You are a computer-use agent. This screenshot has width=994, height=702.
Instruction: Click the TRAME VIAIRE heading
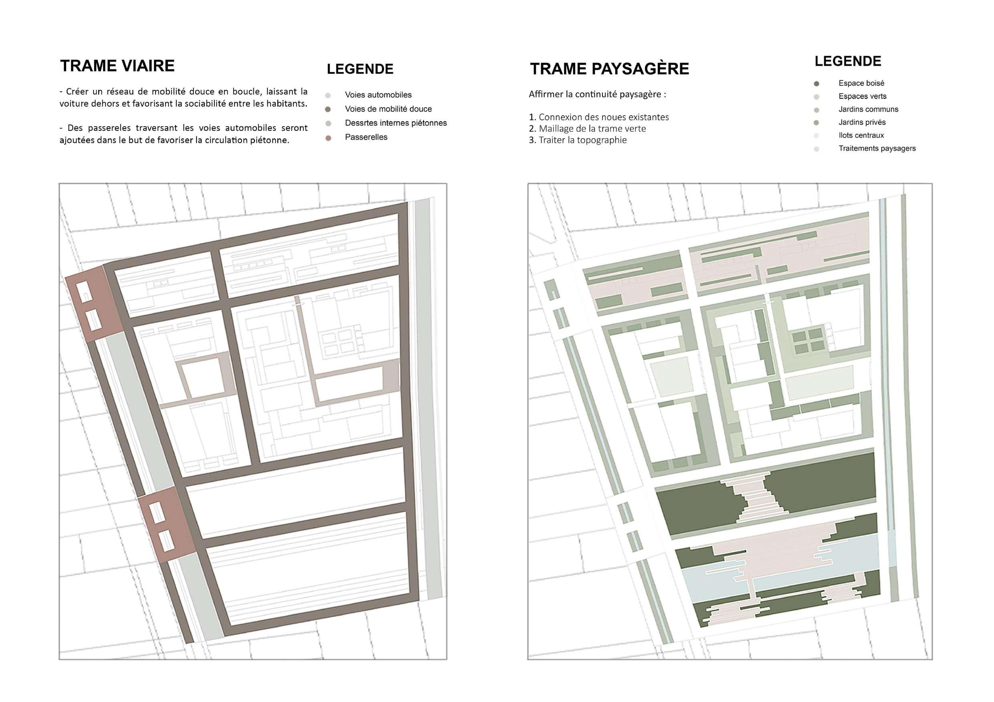(117, 66)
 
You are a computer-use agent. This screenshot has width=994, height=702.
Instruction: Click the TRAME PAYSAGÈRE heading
(609, 69)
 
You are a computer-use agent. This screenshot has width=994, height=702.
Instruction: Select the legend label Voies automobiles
(378, 95)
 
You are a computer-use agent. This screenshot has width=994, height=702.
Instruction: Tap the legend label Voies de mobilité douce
(388, 109)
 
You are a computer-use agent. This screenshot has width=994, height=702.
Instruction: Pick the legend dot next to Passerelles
(328, 138)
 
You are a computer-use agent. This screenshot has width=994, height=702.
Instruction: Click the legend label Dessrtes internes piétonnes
(396, 123)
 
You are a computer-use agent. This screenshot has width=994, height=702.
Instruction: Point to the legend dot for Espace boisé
(816, 83)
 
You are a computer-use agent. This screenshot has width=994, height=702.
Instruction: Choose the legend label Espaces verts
(862, 96)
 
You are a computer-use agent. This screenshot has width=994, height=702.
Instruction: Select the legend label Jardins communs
(868, 109)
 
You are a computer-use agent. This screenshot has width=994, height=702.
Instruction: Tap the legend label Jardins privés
(862, 122)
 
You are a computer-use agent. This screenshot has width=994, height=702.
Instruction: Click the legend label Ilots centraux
(861, 135)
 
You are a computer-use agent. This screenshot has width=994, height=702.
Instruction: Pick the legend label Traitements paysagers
(877, 148)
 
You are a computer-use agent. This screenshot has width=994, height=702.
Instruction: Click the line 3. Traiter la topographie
(578, 140)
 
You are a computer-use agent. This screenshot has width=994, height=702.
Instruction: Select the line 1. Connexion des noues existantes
(598, 117)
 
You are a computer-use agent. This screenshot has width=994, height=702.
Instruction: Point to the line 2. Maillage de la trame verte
(587, 129)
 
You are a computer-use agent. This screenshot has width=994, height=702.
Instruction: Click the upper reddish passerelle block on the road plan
(93, 303)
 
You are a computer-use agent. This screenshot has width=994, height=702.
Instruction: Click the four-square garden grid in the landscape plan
(808, 340)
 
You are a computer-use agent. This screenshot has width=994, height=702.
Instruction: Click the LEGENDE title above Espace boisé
(847, 61)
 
